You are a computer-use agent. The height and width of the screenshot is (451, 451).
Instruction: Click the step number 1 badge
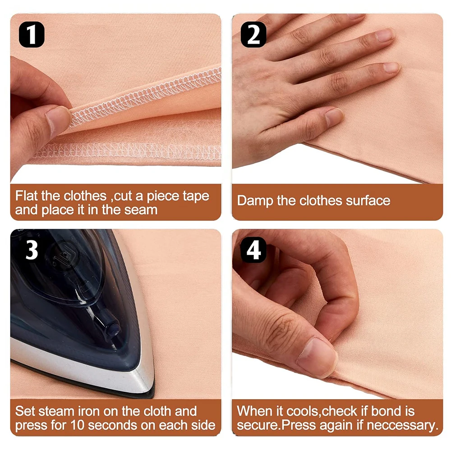tap(31, 35)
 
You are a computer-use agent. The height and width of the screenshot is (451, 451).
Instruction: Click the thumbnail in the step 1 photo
tap(58, 118)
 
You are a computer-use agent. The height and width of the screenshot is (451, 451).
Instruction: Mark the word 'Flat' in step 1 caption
tap(27, 197)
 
